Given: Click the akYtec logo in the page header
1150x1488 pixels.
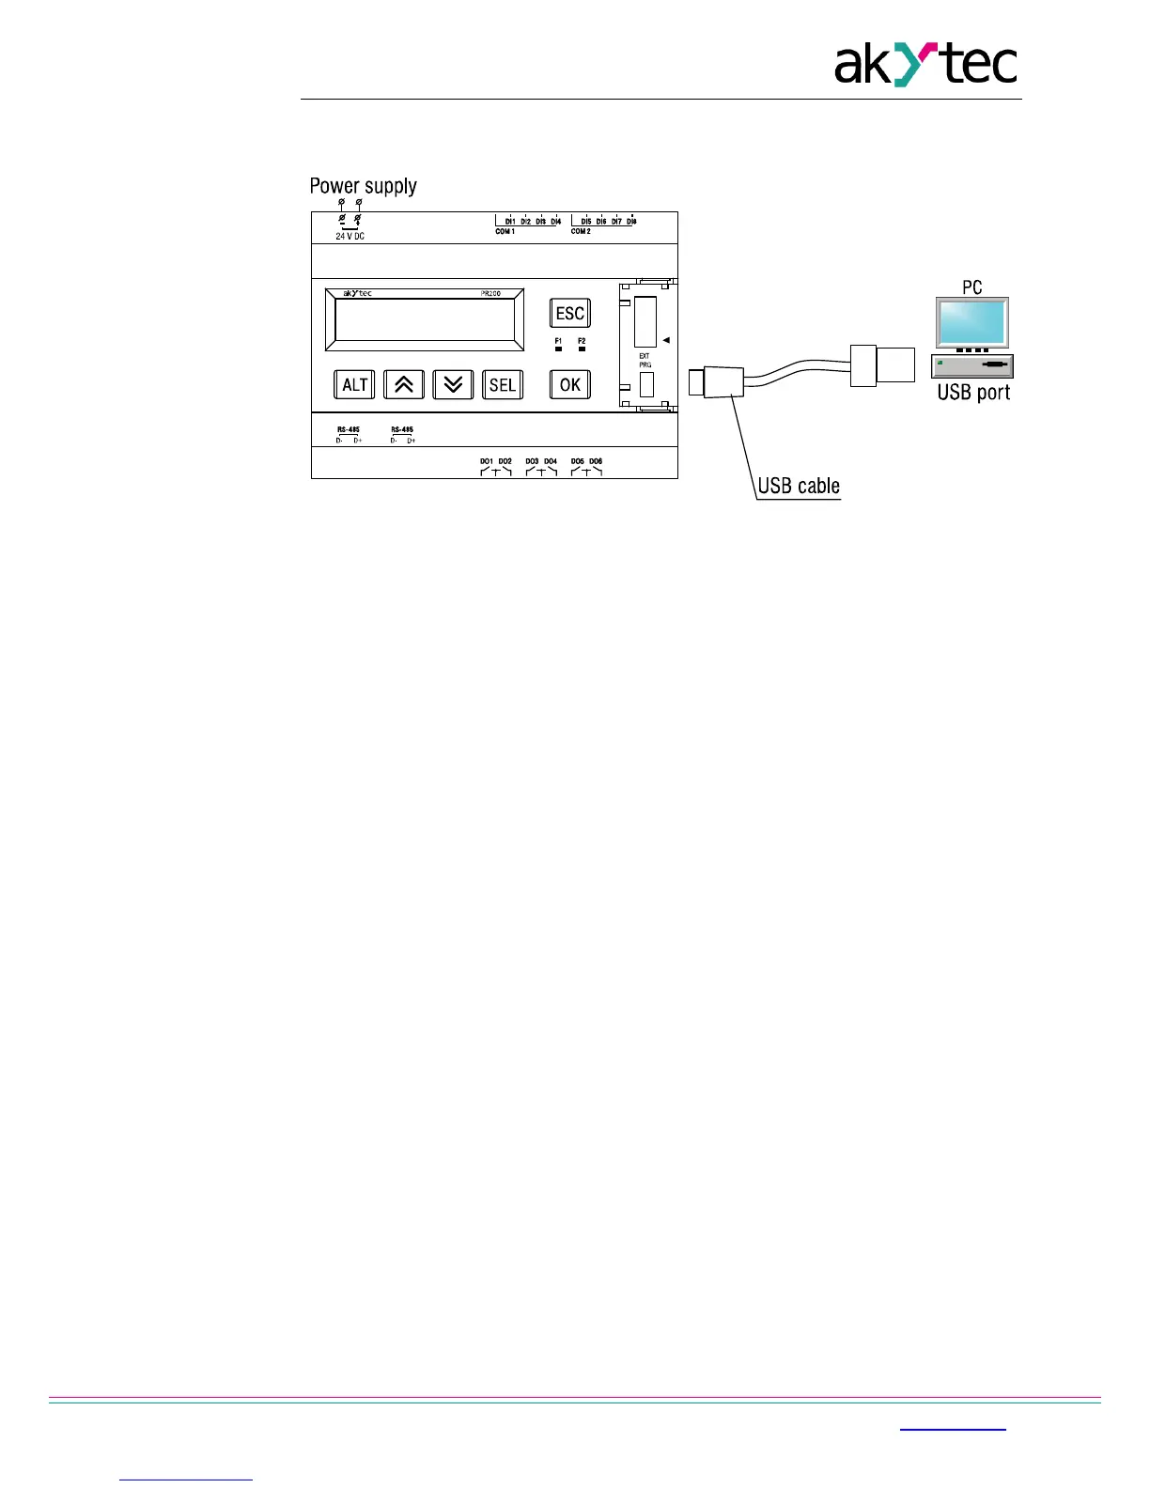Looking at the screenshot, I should tap(925, 65).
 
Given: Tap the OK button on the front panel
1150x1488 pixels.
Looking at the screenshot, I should tap(570, 384).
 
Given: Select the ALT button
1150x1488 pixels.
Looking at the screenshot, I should tap(354, 384).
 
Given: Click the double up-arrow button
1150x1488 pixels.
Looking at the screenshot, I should tap(404, 384).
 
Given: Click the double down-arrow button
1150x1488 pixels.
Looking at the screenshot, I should tap(453, 384).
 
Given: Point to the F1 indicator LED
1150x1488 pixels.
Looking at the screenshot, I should tap(558, 349).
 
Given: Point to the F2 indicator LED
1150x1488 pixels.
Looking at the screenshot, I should tap(582, 349).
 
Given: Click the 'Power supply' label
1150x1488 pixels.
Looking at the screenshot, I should tap(363, 186).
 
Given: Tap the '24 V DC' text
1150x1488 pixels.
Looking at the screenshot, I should tap(350, 237).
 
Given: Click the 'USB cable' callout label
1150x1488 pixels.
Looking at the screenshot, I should tap(799, 486).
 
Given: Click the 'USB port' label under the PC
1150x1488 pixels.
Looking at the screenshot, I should tap(973, 393).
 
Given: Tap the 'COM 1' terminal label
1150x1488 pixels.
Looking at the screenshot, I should tap(505, 231).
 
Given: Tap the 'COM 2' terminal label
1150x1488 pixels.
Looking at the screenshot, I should tap(581, 231).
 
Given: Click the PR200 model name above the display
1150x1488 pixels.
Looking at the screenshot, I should tap(490, 294).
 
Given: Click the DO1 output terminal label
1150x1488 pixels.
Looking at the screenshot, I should tap(486, 461).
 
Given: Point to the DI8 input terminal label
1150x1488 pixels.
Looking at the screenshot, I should tap(631, 222).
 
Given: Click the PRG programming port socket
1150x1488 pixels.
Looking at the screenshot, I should tap(646, 383).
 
